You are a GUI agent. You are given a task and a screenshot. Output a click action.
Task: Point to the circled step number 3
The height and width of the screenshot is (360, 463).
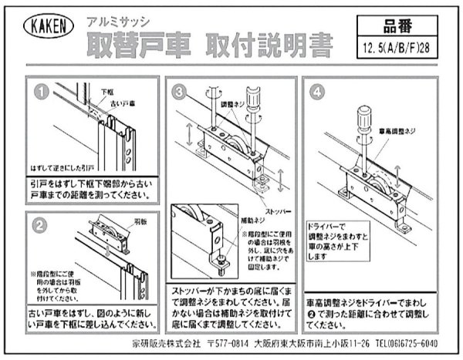click(x=179, y=92)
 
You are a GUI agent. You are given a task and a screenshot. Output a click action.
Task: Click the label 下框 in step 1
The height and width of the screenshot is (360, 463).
click(x=108, y=92)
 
